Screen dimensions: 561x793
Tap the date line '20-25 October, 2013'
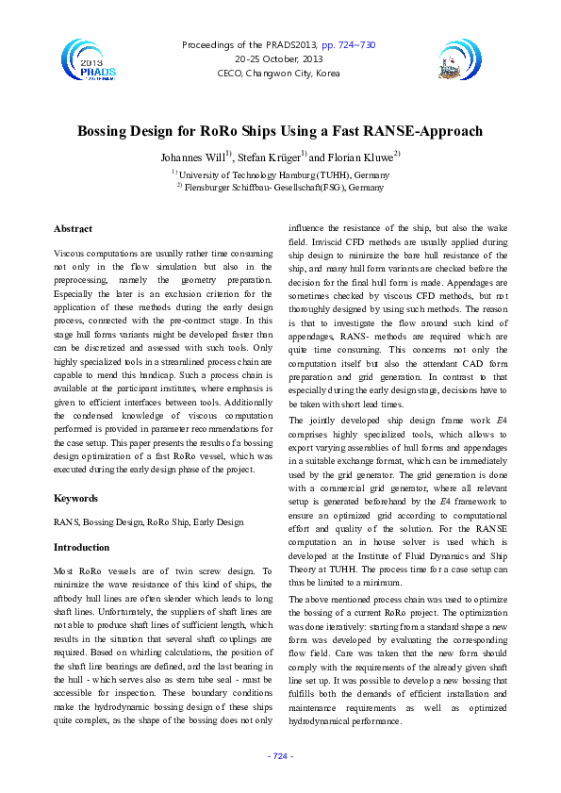[x=279, y=58]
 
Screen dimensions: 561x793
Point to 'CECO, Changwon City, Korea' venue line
[x=279, y=73]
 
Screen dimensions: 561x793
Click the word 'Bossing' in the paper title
[x=108, y=131]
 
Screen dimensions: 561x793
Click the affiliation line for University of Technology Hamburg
[x=280, y=174]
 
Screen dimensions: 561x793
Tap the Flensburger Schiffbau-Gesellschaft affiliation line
[x=280, y=188]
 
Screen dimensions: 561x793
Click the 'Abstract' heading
[x=73, y=229]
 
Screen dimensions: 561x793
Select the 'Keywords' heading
[x=75, y=498]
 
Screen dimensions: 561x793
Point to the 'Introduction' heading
[x=82, y=547]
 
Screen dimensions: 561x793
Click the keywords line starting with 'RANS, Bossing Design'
[x=148, y=522]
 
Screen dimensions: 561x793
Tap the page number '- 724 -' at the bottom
[x=280, y=756]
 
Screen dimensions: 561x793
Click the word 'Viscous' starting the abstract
[x=70, y=255]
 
